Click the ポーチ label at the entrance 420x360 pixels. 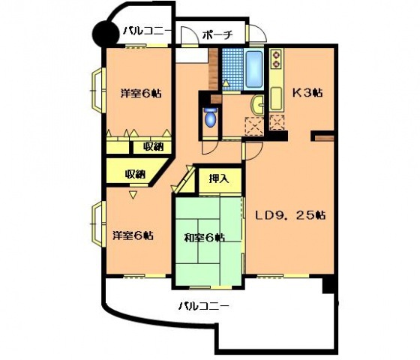[x=218, y=34]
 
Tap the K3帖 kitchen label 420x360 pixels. [x=307, y=93]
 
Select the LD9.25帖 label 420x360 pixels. [x=289, y=215]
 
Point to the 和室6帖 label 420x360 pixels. [x=204, y=238]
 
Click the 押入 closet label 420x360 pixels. [x=219, y=178]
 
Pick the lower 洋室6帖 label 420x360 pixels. [x=133, y=235]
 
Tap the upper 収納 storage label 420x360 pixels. [x=152, y=146]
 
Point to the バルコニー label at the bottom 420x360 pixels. [x=203, y=305]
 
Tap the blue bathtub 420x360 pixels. [x=253, y=69]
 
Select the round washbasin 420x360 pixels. [x=259, y=105]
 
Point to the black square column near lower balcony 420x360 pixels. [x=329, y=286]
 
